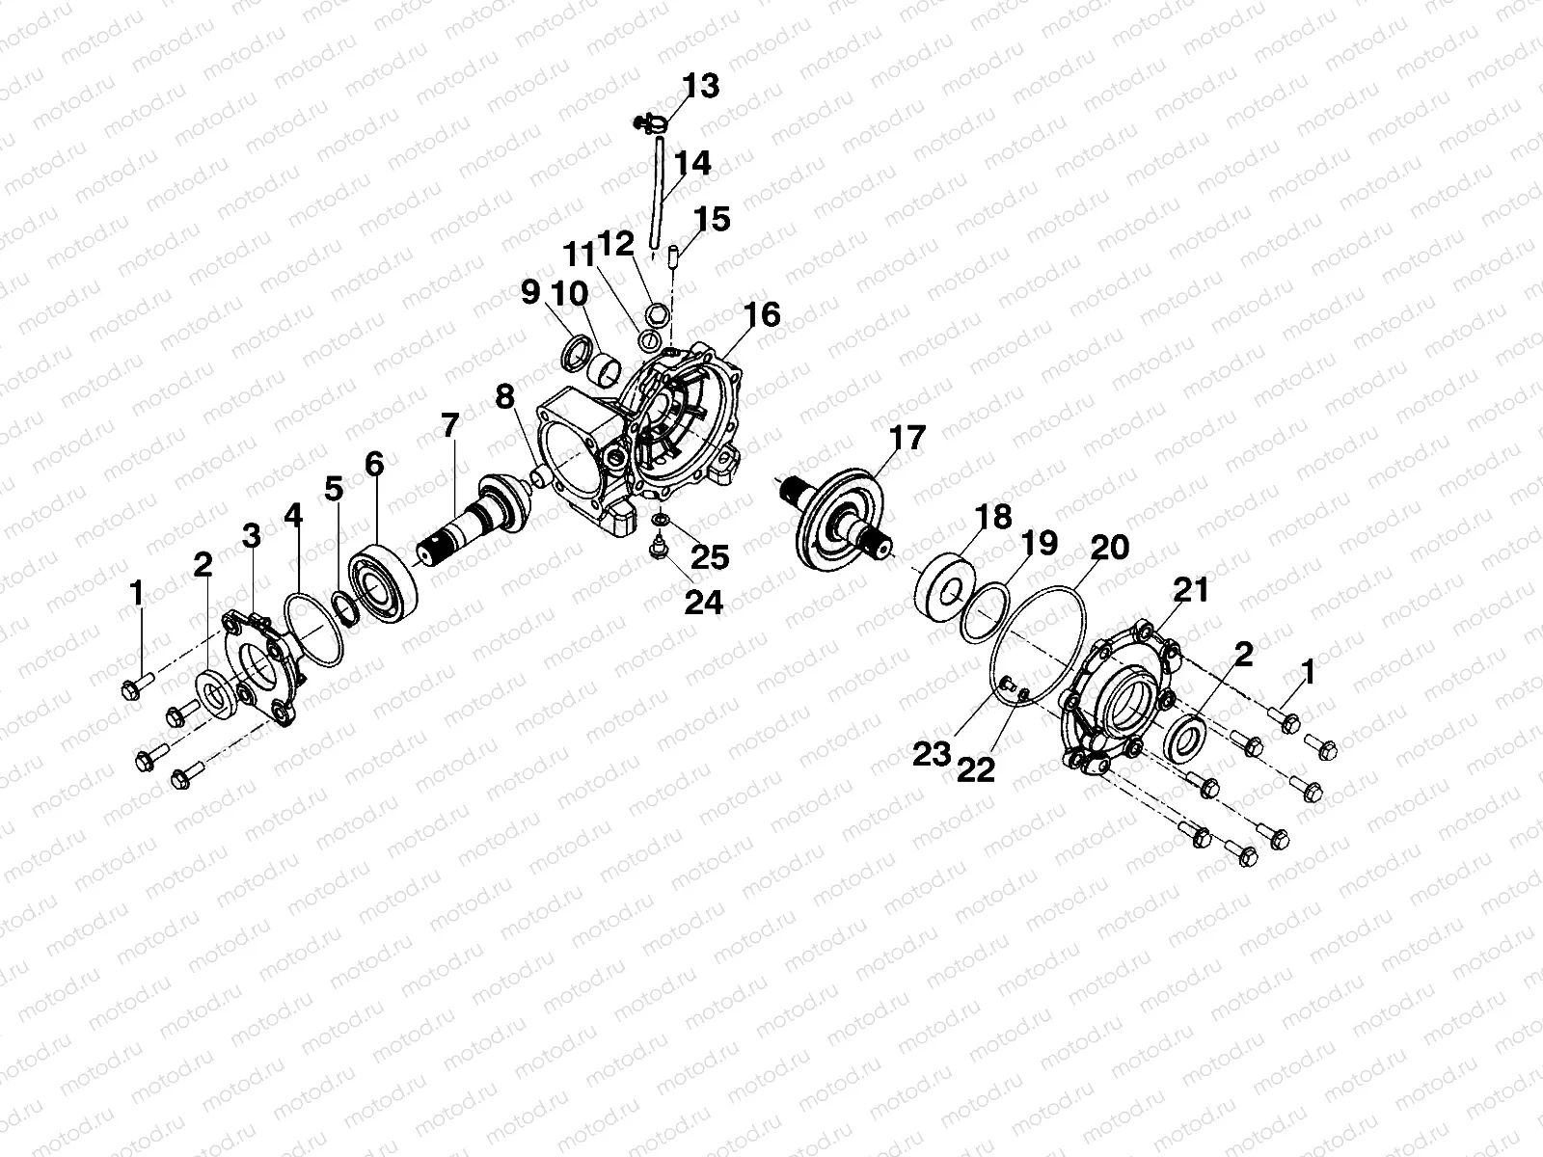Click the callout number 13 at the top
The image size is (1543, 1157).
pos(701,86)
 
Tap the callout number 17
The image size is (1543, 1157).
pos(907,438)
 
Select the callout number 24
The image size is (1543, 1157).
pos(704,602)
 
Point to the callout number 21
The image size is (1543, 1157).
pos(1190,589)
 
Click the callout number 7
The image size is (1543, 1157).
pos(450,425)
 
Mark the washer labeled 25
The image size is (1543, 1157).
pos(660,522)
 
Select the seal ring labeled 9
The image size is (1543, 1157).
pos(579,352)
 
